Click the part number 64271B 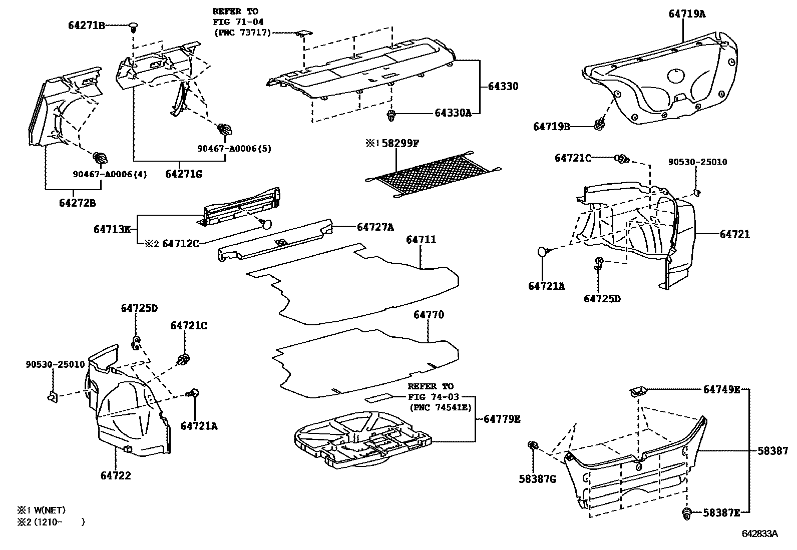pos(86,25)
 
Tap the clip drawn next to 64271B pos(133,26)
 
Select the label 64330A pos(453,113)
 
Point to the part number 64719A pos(687,14)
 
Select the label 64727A pos(375,227)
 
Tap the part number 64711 pos(421,240)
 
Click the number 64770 pos(429,315)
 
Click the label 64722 pos(116,475)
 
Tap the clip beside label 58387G pos(534,445)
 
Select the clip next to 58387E pos(686,512)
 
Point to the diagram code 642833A pos(759,533)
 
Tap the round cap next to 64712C pos(267,224)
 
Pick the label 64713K pos(112,229)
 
